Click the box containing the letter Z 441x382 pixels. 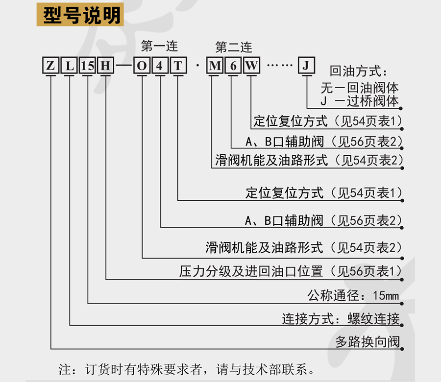50,66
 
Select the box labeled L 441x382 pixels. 69,66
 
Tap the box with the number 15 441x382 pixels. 88,66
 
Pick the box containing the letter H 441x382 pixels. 105,66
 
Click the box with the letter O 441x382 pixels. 142,66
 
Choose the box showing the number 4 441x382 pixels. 160,66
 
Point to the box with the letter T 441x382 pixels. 178,66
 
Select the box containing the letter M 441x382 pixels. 215,66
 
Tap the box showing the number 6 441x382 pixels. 233,66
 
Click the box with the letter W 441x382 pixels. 251,66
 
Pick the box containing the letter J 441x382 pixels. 306,66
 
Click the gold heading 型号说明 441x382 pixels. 80,15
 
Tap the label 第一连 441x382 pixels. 159,46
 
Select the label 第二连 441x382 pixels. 234,47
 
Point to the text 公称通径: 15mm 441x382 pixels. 353,295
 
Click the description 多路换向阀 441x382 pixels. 367,342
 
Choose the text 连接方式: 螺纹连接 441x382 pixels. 341,319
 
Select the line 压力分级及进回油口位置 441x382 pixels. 251,271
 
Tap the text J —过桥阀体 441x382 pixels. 360,101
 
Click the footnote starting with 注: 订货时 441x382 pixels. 186,369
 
